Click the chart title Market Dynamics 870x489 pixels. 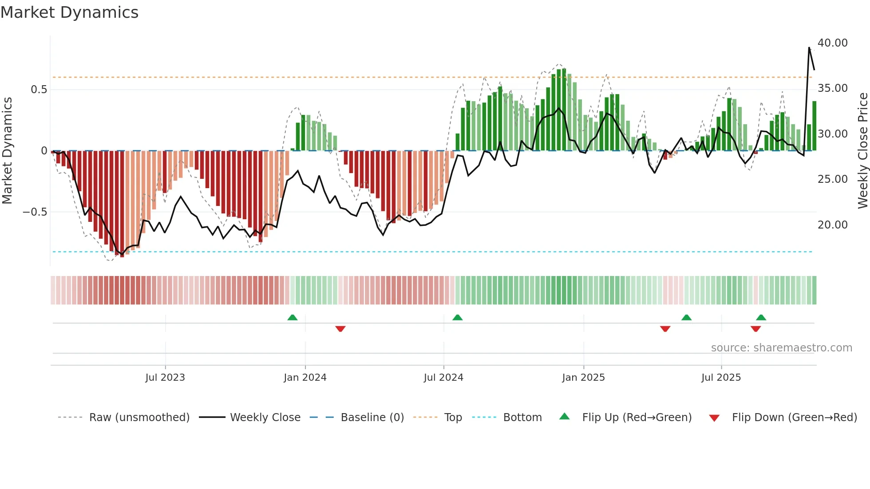[70, 12]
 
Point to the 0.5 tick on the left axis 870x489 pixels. [39, 90]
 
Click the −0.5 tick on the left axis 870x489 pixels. [35, 212]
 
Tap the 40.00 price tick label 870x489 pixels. [832, 43]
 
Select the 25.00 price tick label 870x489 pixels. [832, 179]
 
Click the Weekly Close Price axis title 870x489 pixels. [862, 151]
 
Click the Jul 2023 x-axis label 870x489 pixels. [165, 378]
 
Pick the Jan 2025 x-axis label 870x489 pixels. [583, 378]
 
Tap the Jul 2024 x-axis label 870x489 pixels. [443, 378]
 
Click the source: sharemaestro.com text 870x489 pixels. [781, 348]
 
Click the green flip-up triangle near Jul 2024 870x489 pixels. [457, 317]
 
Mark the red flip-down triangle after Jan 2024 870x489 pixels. [340, 329]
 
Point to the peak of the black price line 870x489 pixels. [809, 47]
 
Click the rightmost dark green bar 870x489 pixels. [815, 126]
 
